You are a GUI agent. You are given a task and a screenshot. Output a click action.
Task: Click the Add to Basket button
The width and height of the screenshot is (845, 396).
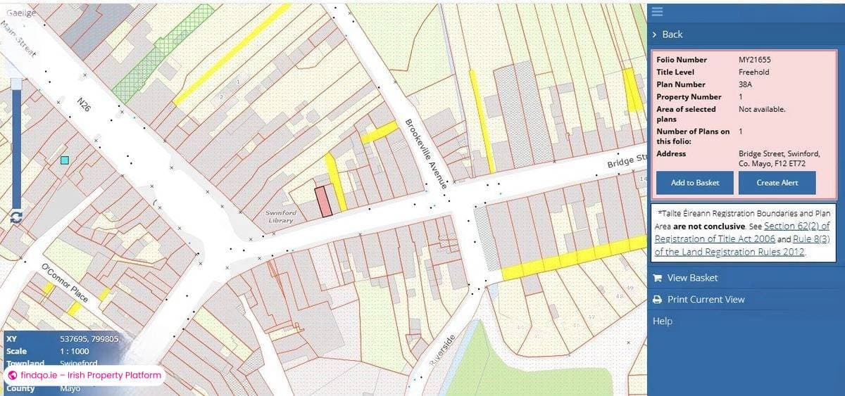pos(695,183)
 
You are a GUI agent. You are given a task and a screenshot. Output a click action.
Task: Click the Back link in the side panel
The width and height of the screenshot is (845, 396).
pos(672,34)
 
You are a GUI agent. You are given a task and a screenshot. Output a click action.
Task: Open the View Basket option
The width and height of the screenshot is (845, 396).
pos(692,278)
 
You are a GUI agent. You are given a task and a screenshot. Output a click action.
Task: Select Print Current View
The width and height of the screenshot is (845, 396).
pos(706,300)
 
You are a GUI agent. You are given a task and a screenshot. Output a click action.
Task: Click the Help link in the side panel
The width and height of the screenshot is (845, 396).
pos(663,321)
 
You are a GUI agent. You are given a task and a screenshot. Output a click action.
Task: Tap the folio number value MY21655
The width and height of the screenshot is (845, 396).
pos(754,60)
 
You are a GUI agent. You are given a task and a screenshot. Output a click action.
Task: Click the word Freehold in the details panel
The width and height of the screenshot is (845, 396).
pos(753,72)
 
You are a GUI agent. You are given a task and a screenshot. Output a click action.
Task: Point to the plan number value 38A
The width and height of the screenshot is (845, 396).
pos(746,84)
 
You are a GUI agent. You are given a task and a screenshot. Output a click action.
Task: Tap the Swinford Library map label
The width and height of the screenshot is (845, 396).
pos(280,217)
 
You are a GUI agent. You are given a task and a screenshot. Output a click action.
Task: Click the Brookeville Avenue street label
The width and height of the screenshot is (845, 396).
pos(425,153)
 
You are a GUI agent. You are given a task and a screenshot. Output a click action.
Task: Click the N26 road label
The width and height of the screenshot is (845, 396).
pos(84,106)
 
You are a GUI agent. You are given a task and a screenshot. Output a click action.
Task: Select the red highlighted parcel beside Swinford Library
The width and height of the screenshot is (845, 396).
pos(323,201)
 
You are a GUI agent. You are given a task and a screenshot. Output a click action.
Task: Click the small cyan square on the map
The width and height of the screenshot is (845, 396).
pos(65,160)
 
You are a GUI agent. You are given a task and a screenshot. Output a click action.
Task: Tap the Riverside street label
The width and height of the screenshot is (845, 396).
pos(442,350)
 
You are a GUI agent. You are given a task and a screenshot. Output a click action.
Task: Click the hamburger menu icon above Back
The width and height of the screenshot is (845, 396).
pos(657,11)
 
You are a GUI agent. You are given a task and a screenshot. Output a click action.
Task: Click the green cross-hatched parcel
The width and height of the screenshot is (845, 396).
pos(162,53)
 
